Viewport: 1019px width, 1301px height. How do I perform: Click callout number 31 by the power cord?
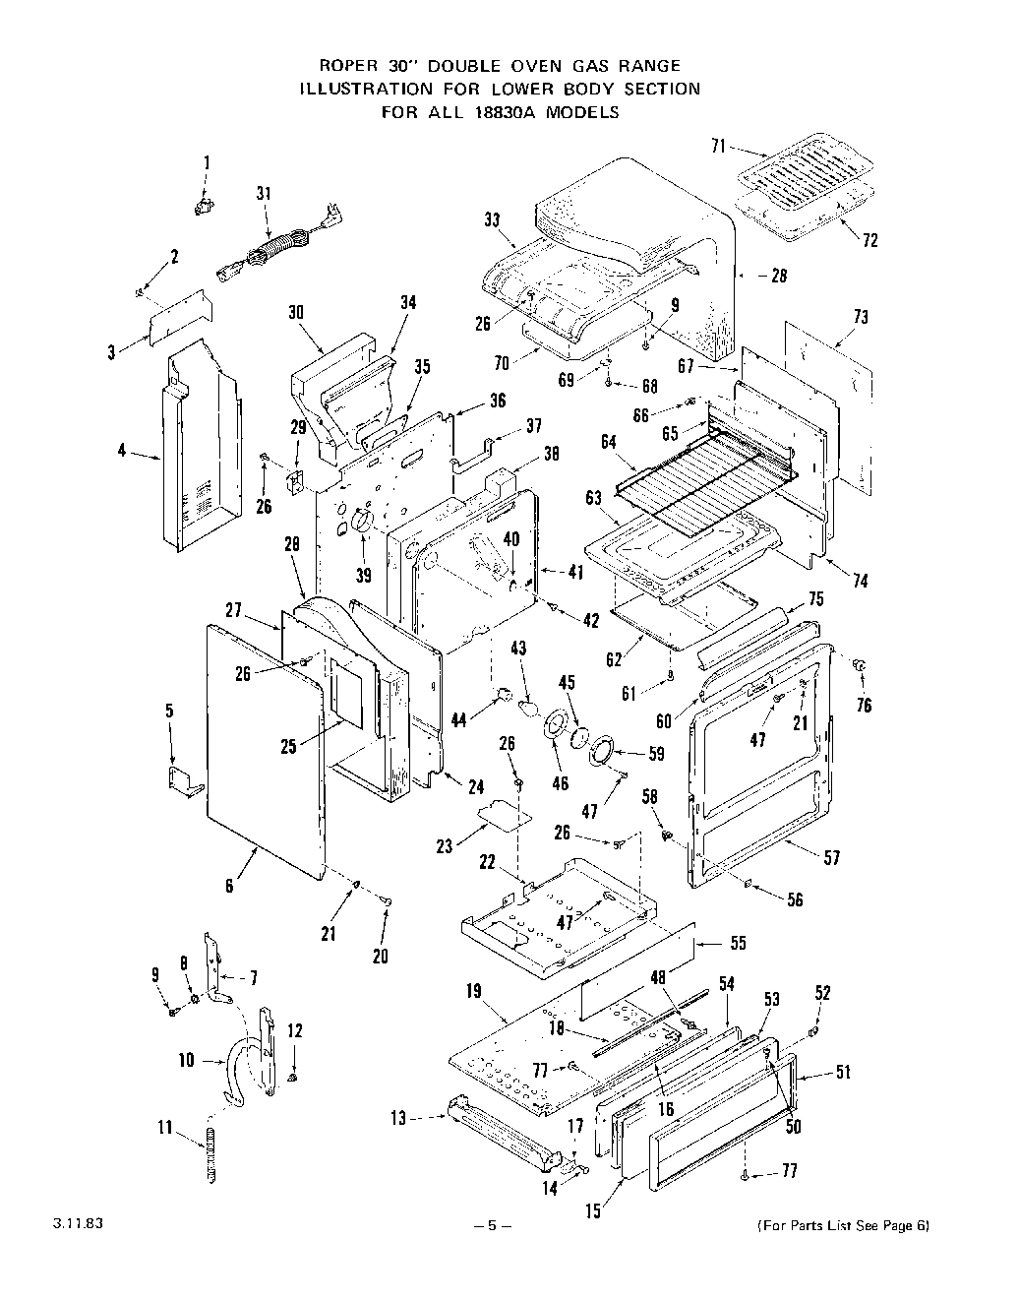click(264, 194)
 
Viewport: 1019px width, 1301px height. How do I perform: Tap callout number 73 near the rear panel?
click(861, 317)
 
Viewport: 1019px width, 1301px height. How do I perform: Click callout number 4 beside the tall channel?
click(121, 452)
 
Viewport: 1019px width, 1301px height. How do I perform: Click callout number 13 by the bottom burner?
click(397, 1118)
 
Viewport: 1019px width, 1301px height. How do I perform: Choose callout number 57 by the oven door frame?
click(832, 858)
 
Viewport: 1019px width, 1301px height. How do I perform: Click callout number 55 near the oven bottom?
click(738, 943)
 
